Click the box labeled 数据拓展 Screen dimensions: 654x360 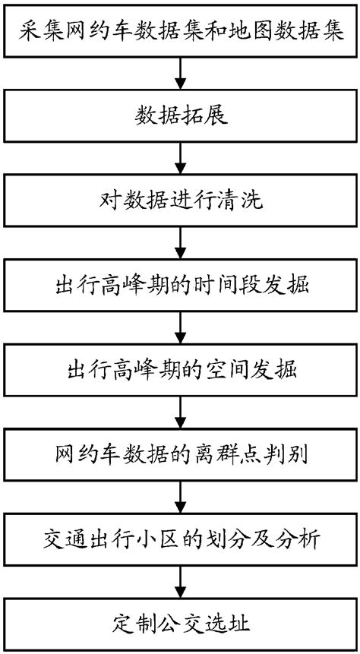[180, 116]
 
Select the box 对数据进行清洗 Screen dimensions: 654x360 [180, 201]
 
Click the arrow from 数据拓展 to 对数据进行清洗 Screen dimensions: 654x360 [180, 158]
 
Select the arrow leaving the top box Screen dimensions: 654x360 [180, 74]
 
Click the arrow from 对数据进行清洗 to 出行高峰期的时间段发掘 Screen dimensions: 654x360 [180, 243]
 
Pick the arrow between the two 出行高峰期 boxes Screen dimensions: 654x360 [180, 327]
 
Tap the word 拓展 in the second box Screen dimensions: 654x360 [201, 116]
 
